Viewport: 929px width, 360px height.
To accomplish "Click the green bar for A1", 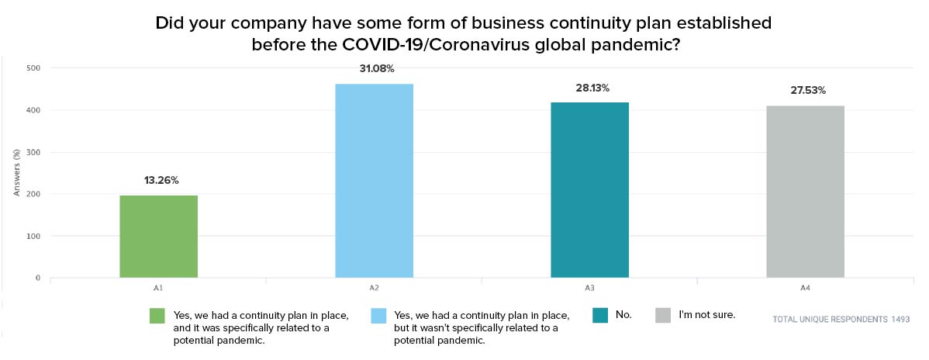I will click(x=158, y=236).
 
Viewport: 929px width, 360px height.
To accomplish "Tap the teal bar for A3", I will click(x=589, y=189).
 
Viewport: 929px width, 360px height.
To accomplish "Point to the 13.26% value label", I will click(x=161, y=181).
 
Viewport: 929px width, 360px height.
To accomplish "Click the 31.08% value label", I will click(x=376, y=68).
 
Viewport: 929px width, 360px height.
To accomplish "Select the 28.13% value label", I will click(x=592, y=88).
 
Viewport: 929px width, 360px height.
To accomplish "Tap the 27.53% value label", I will click(x=806, y=91).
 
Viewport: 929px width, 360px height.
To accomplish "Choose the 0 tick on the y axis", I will click(x=39, y=278).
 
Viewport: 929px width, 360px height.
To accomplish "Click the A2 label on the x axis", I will click(x=374, y=288).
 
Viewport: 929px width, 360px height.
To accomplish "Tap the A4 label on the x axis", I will click(x=805, y=288).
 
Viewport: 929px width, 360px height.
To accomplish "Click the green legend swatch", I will click(x=158, y=316).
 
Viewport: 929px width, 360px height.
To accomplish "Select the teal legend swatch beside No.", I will click(x=600, y=316).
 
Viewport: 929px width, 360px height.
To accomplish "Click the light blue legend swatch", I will click(x=380, y=316).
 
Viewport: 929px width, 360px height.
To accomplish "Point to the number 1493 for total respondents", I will click(x=899, y=319).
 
